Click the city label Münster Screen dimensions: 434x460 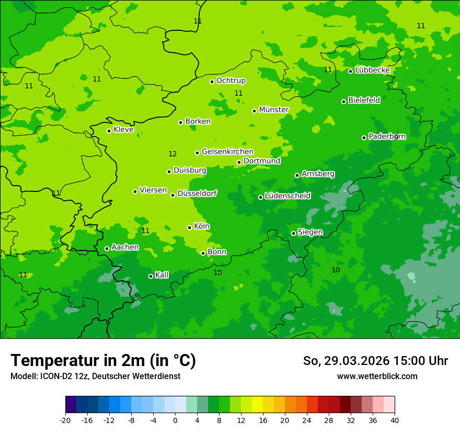tap(274, 110)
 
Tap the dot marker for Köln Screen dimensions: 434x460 tap(189, 227)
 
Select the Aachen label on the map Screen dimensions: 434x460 tap(125, 247)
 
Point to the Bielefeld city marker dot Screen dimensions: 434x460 tap(343, 101)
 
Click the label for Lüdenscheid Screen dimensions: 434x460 tap(287, 196)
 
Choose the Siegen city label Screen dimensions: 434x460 tap(310, 232)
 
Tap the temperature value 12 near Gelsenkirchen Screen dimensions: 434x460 tap(172, 154)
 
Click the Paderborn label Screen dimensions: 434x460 tap(387, 136)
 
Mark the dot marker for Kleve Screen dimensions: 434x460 tap(109, 131)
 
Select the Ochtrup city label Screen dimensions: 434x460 tap(231, 81)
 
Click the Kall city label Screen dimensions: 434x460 tap(162, 275)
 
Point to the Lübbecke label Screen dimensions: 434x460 tap(372, 70)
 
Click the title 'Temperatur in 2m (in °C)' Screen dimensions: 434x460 tap(103, 361)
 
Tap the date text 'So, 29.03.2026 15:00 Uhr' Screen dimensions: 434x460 tap(375, 361)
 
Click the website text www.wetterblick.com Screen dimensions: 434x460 tap(377, 376)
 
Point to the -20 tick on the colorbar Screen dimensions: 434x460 tap(65, 420)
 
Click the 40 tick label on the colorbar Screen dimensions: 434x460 tap(395, 420)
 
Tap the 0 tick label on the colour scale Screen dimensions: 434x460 tap(175, 420)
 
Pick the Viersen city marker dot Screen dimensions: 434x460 tap(135, 191)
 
